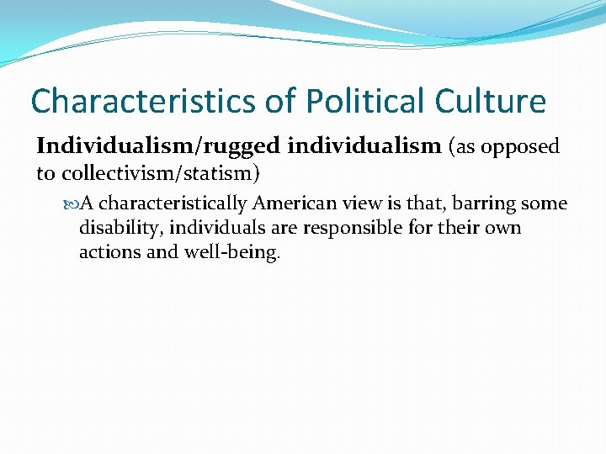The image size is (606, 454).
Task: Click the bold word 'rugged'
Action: [x=249, y=147]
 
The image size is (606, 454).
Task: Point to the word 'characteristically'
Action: [x=173, y=204]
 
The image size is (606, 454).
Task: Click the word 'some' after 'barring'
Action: [x=545, y=204]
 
